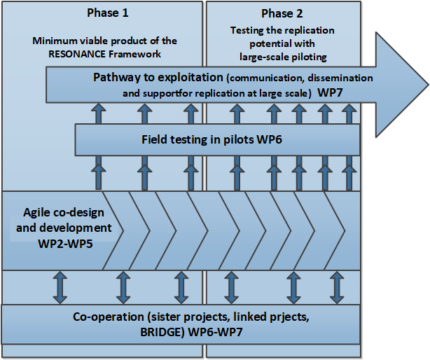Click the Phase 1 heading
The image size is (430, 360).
click(x=108, y=13)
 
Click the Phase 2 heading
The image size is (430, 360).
click(x=282, y=13)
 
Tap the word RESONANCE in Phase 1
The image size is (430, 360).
click(x=77, y=54)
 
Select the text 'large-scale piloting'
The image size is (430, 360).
click(x=283, y=57)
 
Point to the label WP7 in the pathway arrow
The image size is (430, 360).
click(x=330, y=92)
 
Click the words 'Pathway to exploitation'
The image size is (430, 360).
click(x=158, y=77)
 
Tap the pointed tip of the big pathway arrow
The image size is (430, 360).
click(x=429, y=84)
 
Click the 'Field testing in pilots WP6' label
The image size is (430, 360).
click(x=211, y=139)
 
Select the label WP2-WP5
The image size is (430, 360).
click(x=65, y=244)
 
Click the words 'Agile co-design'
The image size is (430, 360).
click(x=64, y=213)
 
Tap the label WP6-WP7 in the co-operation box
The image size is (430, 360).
click(x=215, y=332)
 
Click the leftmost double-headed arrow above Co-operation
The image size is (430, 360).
click(x=60, y=287)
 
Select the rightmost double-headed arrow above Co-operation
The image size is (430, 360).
click(x=337, y=287)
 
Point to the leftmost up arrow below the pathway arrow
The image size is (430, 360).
click(x=99, y=113)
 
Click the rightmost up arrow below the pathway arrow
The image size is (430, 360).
click(x=349, y=113)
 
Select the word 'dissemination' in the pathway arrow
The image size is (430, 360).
click(x=340, y=78)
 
